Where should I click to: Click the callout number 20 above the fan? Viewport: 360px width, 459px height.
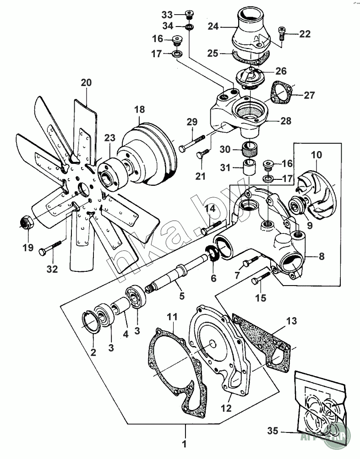coord(86,83)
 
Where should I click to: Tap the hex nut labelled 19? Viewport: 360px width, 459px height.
coord(26,222)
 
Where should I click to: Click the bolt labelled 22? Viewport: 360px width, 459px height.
coord(282,34)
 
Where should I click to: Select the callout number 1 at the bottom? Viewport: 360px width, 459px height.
coord(184,443)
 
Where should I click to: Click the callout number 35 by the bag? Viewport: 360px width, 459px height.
coord(272,431)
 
